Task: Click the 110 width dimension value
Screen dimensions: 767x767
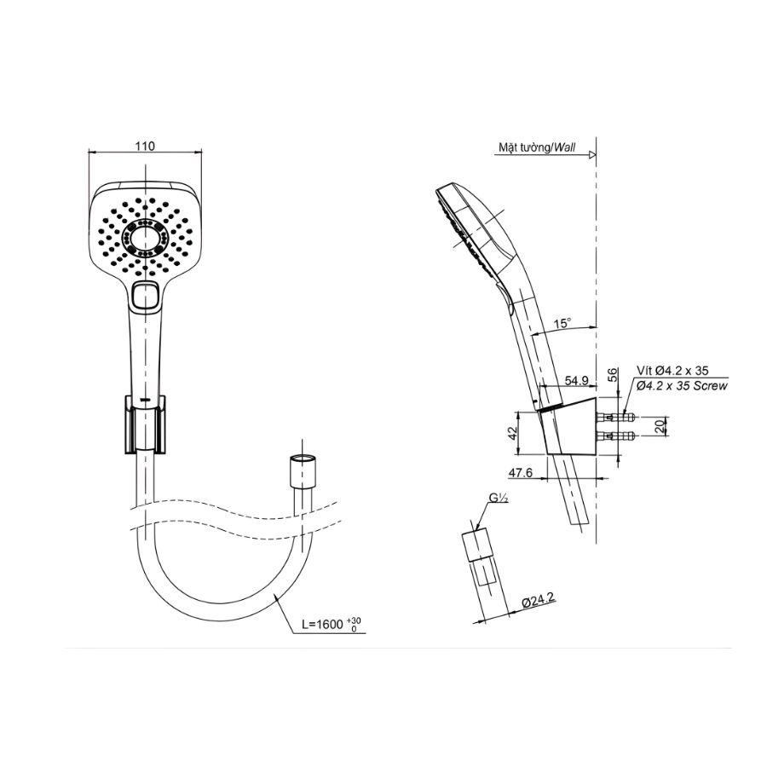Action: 145,146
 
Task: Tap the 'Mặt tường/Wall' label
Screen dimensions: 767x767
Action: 537,147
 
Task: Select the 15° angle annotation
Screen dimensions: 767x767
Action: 562,324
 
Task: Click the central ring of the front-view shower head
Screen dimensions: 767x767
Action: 146,240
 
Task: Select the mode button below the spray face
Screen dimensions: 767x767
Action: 146,295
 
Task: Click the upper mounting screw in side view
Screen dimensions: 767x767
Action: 614,418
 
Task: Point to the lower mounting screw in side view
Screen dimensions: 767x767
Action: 614,437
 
